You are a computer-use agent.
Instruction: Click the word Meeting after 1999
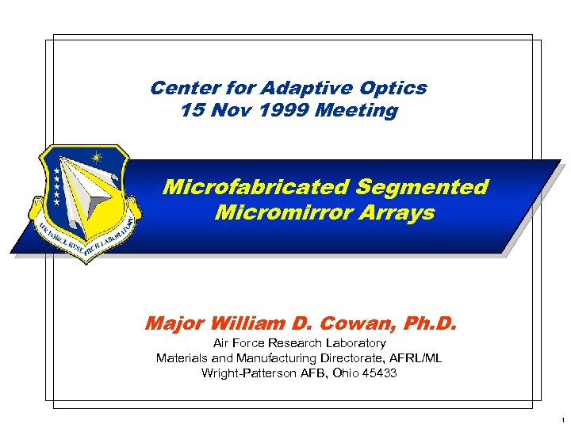pos(356,111)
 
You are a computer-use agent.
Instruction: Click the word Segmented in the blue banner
pos(422,188)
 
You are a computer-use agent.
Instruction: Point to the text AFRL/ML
pos(413,358)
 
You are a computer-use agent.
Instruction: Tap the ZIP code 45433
pos(379,373)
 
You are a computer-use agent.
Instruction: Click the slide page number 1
pos(560,418)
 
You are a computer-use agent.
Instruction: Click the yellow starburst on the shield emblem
pos(97,157)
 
